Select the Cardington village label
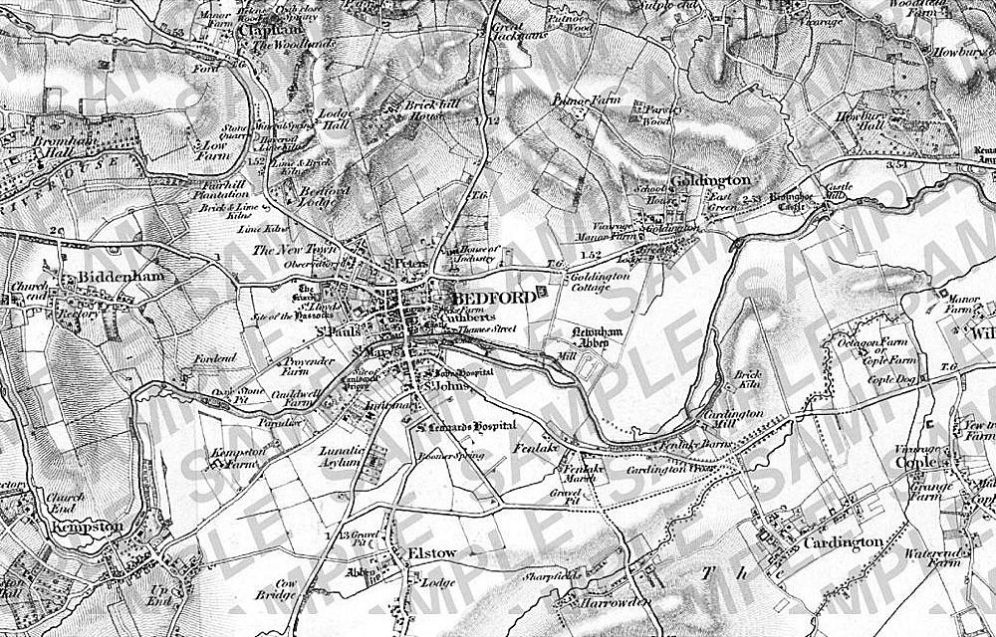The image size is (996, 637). pyautogui.click(x=845, y=541)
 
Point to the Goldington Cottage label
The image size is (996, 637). pyautogui.click(x=600, y=281)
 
